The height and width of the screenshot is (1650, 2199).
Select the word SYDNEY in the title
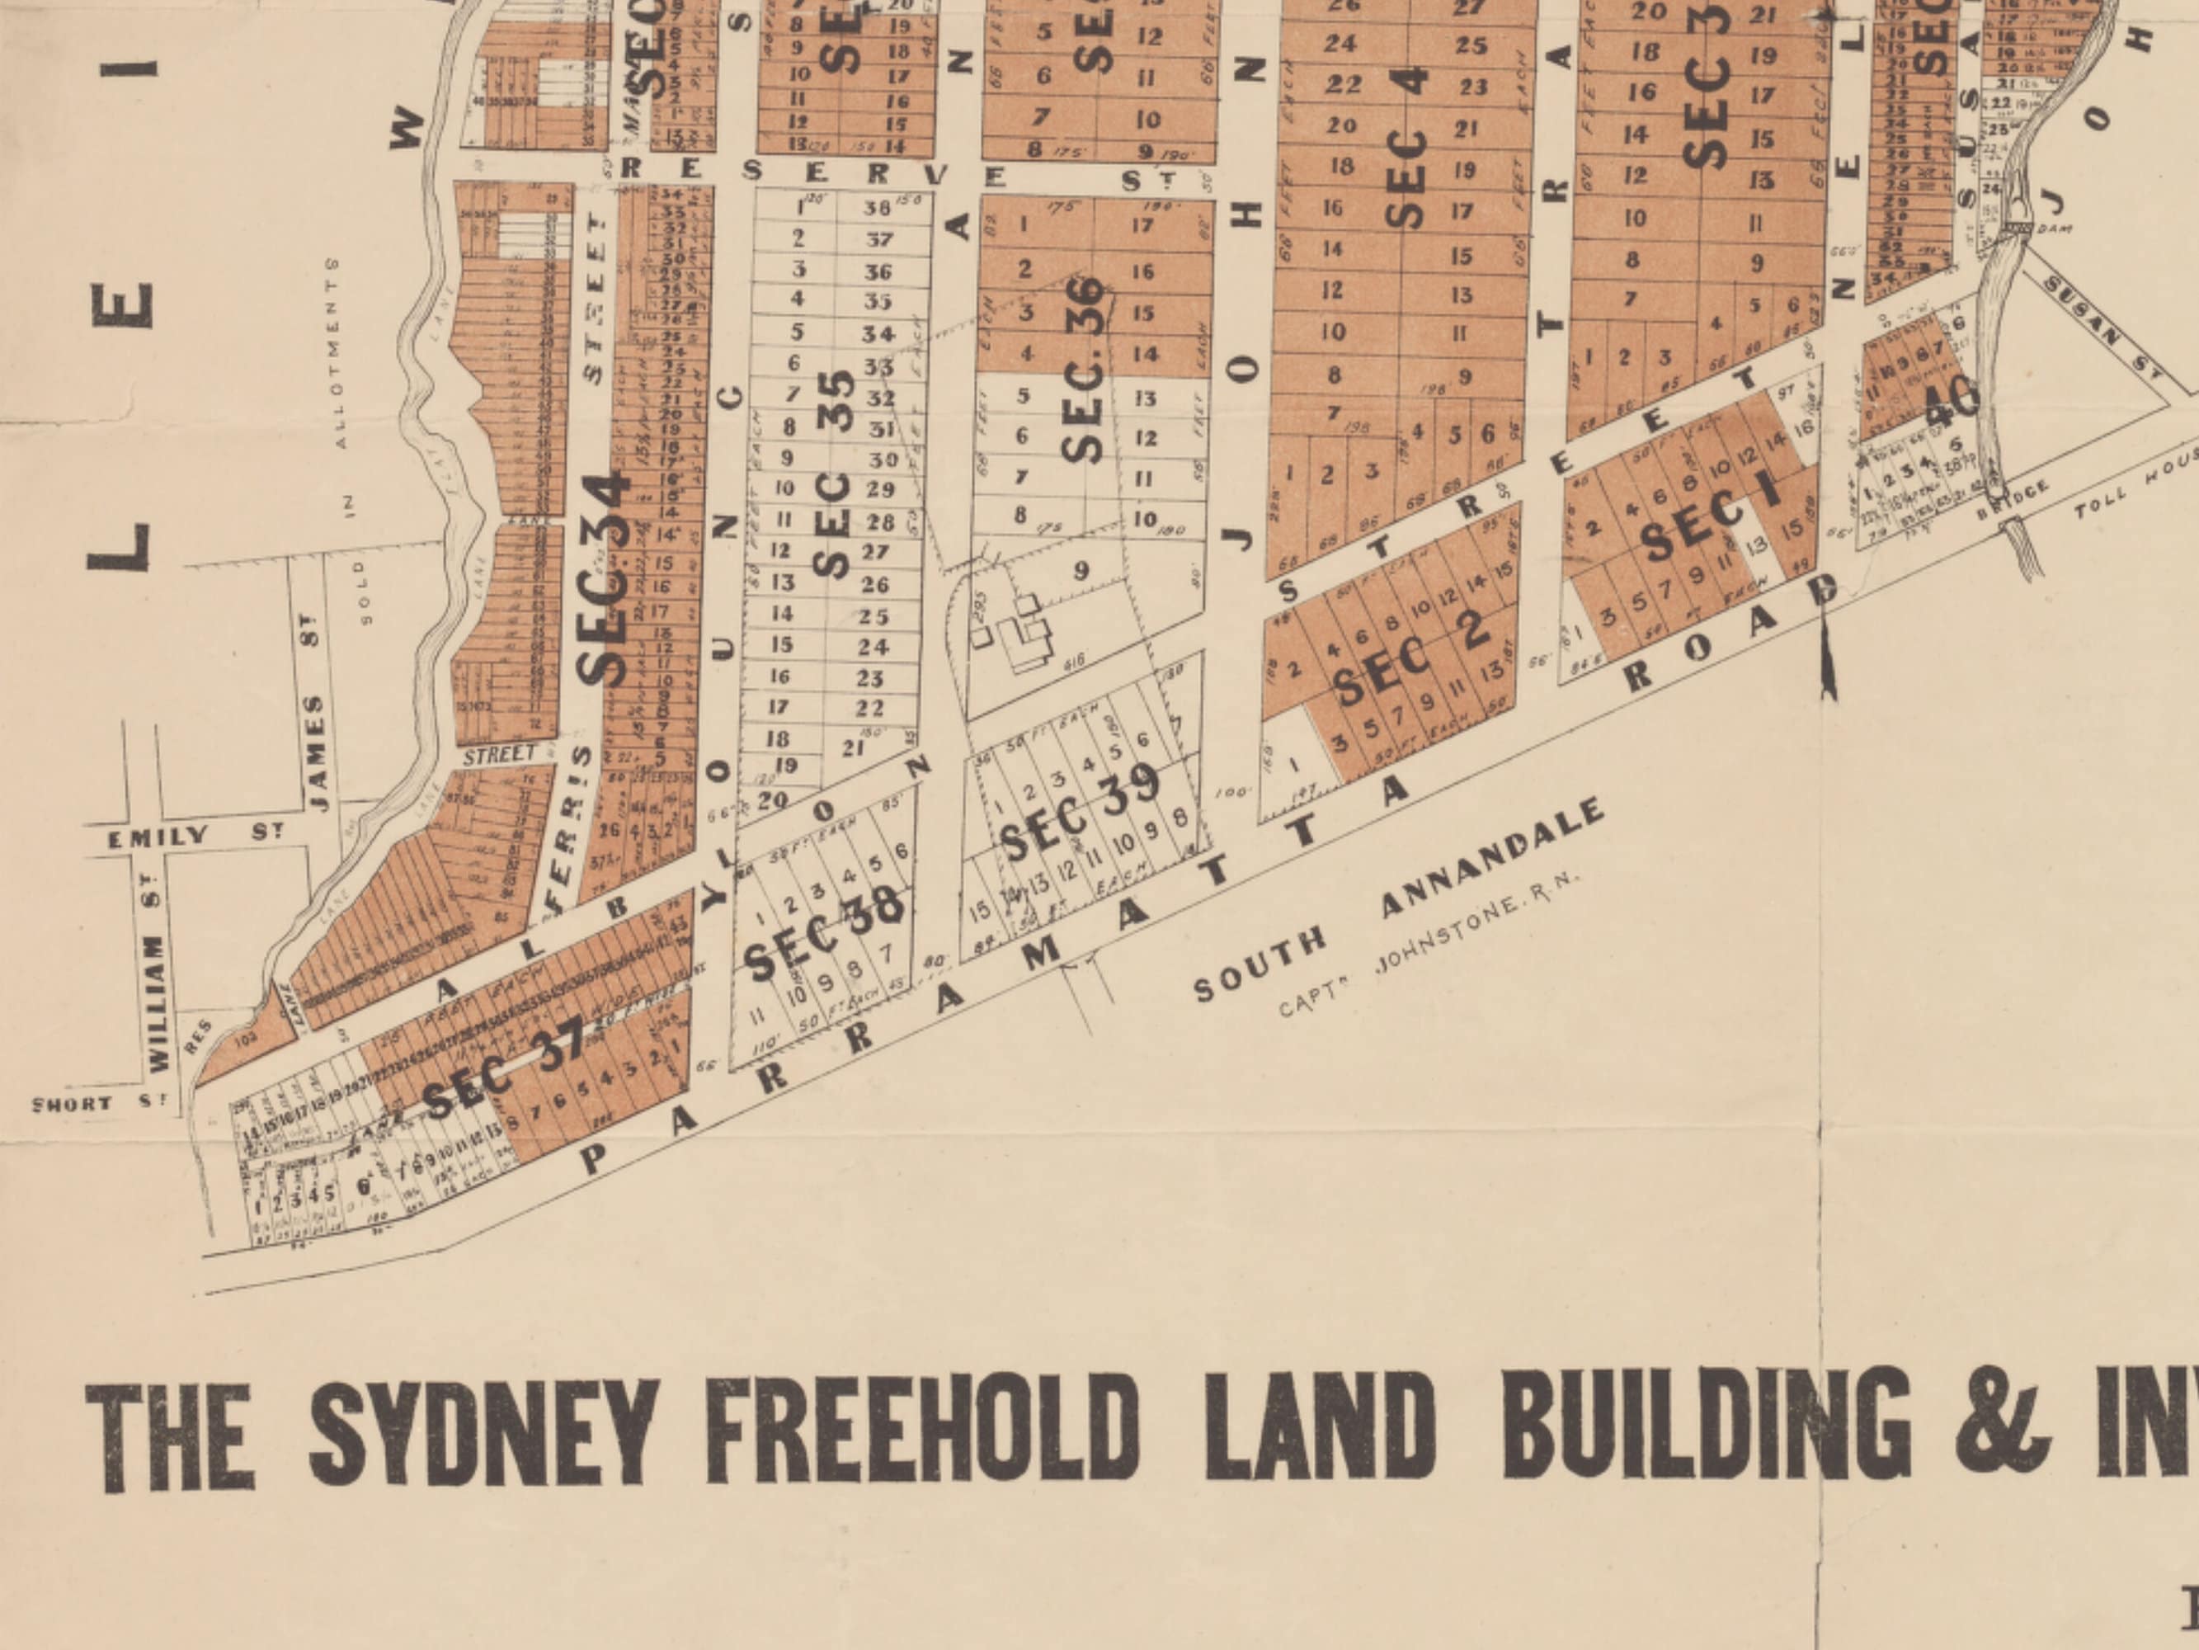pos(483,1432)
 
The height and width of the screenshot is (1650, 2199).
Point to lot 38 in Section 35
pos(877,208)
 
